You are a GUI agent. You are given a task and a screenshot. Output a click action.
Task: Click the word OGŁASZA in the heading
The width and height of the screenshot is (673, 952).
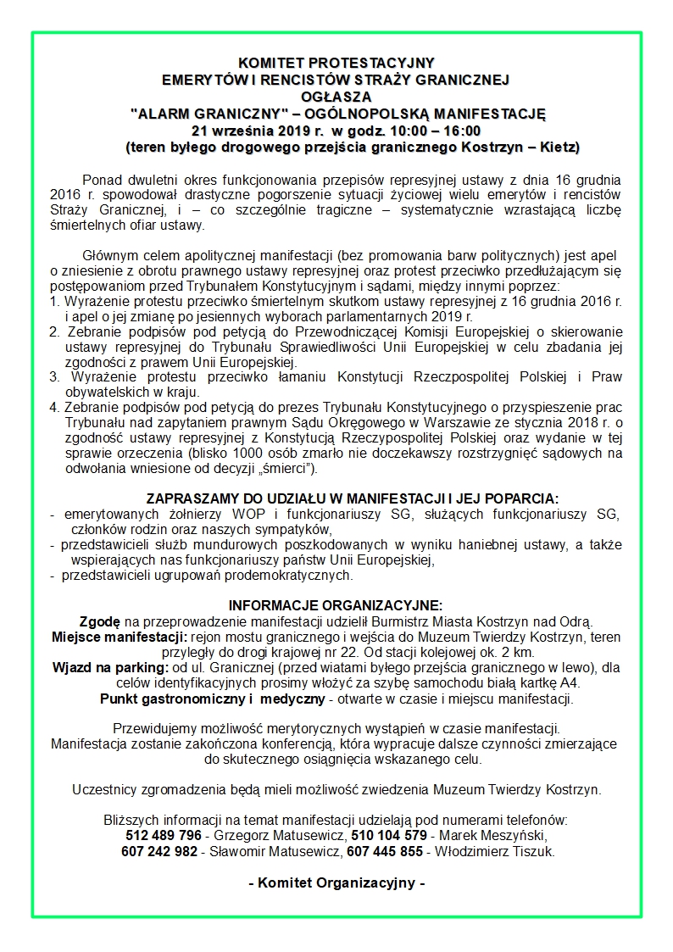pos(336,97)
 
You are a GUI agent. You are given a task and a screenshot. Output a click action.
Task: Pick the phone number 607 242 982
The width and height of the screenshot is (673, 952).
pos(159,852)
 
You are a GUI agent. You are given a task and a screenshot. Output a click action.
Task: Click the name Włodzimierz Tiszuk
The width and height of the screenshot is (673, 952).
pos(495,852)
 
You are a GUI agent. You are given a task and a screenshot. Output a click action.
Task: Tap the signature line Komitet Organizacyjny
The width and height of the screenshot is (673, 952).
pos(336,882)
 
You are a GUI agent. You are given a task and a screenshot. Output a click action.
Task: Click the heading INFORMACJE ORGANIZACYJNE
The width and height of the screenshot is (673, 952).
pos(336,605)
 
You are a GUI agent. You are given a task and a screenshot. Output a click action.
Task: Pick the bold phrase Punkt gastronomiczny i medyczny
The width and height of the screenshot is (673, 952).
pos(213,699)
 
